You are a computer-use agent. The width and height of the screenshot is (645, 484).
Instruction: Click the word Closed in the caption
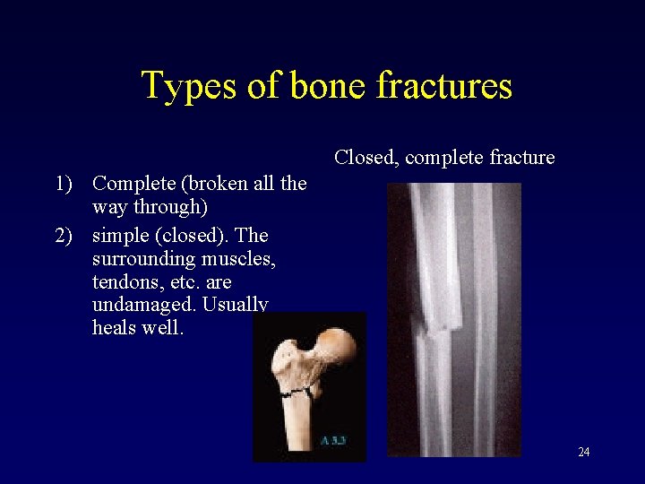tap(366, 158)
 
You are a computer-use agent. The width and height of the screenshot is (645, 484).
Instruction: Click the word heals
tap(113, 328)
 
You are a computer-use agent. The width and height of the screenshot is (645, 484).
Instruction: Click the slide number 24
tap(583, 452)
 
